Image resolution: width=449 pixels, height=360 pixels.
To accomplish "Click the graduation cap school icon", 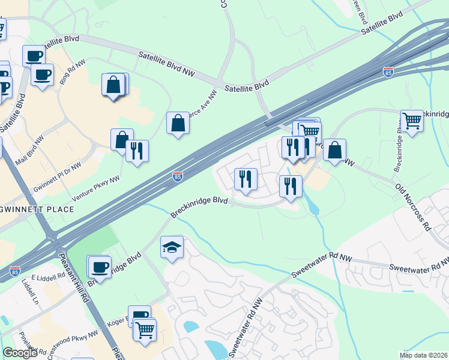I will [x=172, y=247].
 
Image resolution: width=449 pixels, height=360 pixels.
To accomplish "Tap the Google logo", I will [x=20, y=353].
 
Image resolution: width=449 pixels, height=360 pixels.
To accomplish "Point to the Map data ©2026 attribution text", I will [x=424, y=355].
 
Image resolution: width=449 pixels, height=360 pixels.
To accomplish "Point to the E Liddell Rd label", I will [x=47, y=277].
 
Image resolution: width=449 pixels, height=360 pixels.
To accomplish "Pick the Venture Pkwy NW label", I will [x=96, y=187].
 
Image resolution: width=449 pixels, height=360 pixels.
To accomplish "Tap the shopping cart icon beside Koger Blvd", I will [x=145, y=329].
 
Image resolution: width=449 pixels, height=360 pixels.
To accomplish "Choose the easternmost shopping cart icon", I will [x=412, y=121].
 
